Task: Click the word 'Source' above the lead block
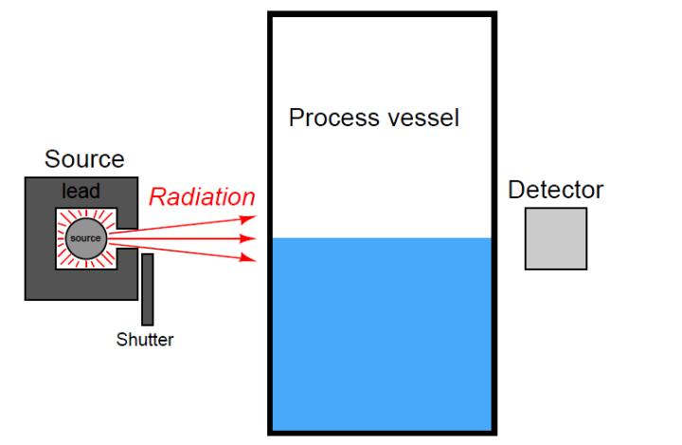(84, 159)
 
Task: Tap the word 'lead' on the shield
(81, 193)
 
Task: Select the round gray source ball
(84, 237)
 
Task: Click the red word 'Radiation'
(202, 197)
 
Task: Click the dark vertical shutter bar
(148, 289)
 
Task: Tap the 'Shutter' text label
(145, 339)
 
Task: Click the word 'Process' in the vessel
(327, 119)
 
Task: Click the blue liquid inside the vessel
(382, 332)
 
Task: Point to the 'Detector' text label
(555, 190)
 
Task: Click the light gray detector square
(556, 238)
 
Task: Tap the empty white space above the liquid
(382, 180)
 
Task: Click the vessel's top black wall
(382, 15)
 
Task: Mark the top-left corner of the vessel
(271, 15)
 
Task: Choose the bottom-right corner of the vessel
(494, 433)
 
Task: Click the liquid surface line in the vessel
(382, 238)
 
